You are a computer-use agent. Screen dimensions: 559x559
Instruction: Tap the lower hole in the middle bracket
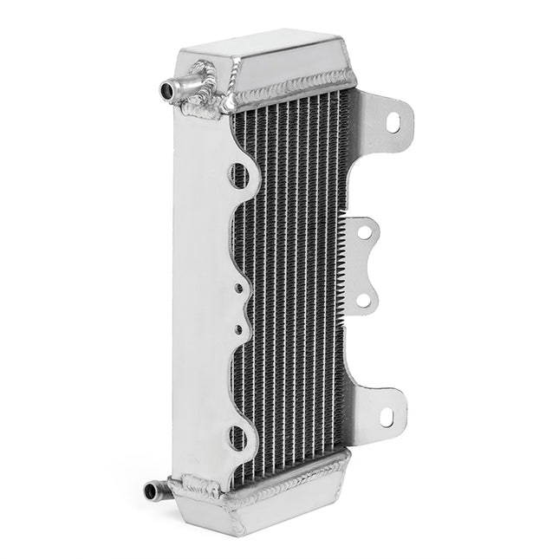pyautogui.click(x=364, y=300)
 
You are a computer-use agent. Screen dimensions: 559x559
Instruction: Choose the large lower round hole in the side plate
pyautogui.click(x=239, y=436)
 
